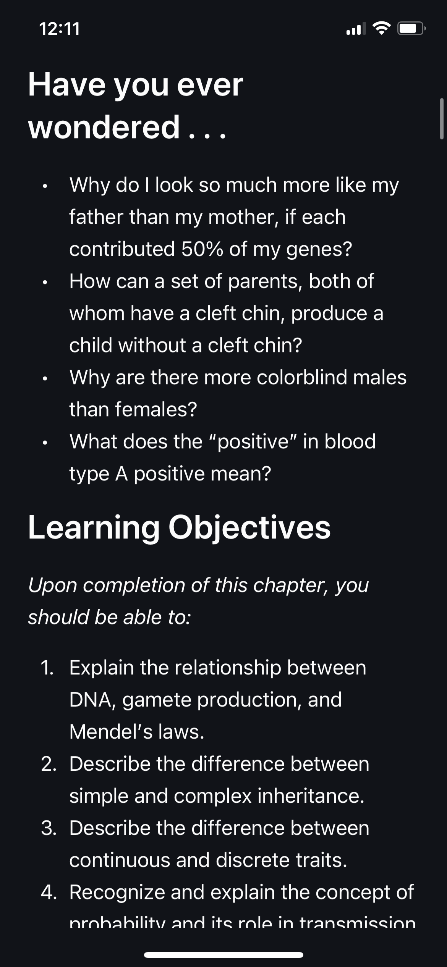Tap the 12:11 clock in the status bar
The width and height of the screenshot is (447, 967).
click(60, 29)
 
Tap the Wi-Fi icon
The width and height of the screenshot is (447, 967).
click(382, 28)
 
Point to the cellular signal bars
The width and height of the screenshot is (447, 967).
click(356, 29)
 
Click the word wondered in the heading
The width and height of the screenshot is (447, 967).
click(104, 127)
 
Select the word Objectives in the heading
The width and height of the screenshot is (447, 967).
click(249, 528)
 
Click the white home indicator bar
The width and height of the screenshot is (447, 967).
click(223, 955)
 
